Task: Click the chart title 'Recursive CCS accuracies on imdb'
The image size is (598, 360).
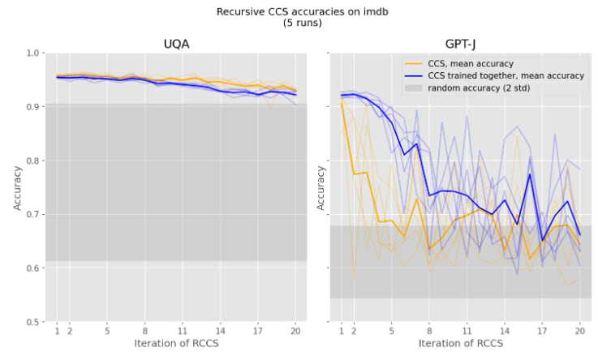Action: tap(299, 12)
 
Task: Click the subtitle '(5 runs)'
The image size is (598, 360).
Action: tap(299, 24)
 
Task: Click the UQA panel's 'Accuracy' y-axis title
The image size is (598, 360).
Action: tap(17, 188)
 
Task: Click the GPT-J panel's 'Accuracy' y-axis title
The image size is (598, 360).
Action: tap(321, 188)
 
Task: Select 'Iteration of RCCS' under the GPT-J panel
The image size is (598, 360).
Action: tap(460, 345)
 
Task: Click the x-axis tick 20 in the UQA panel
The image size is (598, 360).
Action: tap(295, 331)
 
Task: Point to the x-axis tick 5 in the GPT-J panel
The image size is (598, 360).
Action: tap(392, 331)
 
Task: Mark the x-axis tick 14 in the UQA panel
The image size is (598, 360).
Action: tap(220, 331)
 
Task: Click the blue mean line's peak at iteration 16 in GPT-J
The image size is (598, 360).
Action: tap(530, 174)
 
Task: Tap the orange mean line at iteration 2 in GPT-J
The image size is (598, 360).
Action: tap(354, 174)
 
